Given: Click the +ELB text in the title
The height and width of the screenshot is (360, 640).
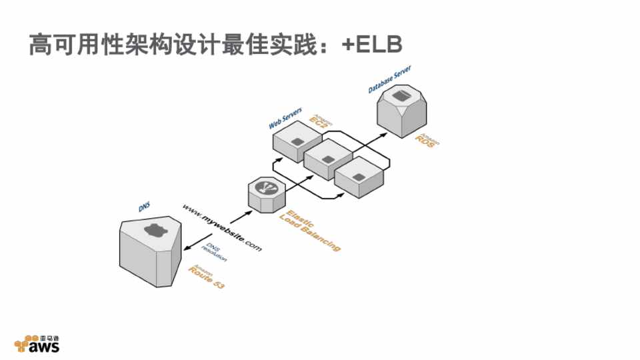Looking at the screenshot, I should [373, 44].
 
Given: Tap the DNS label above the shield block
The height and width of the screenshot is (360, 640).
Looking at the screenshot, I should [145, 207].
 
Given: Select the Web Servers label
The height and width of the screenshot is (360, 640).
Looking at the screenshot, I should [285, 118].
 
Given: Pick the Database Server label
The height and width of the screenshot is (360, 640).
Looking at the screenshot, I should [390, 79].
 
